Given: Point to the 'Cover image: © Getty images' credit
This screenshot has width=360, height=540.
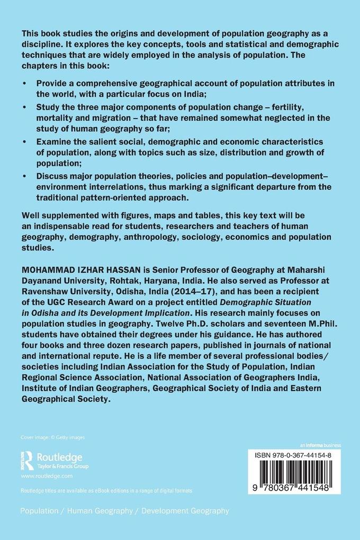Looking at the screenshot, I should point(52,437).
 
